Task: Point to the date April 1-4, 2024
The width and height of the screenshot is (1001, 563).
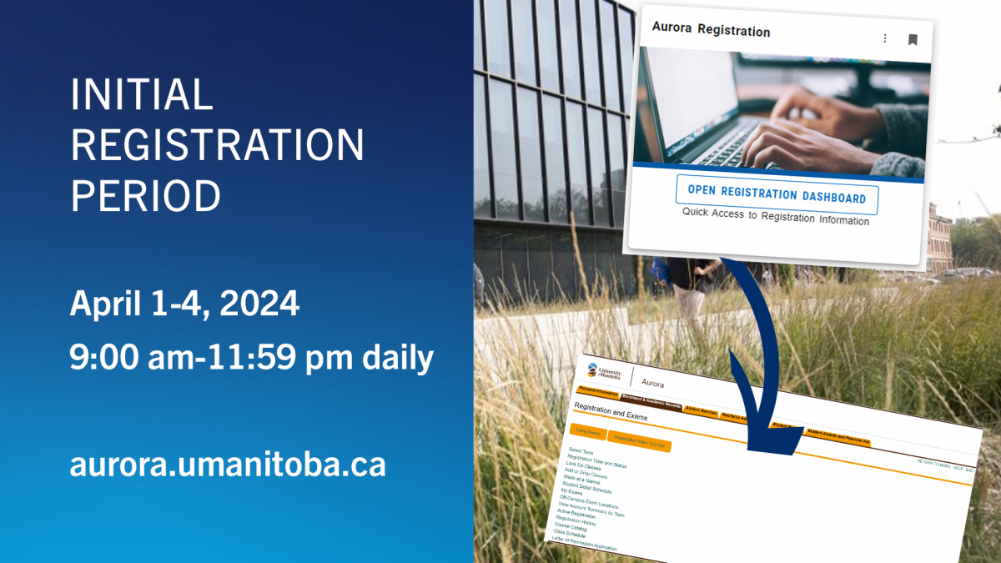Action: click(184, 304)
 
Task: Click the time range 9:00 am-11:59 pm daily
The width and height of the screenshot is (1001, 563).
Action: click(251, 358)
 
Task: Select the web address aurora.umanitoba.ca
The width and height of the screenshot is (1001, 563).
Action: click(228, 465)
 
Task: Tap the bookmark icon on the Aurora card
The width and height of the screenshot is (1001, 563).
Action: click(913, 39)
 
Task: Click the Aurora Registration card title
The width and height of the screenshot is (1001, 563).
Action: click(711, 32)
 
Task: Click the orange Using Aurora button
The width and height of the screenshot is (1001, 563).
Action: click(589, 432)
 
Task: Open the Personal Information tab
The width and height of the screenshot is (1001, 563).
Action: click(598, 392)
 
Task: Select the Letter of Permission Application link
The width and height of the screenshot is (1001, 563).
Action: click(584, 545)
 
